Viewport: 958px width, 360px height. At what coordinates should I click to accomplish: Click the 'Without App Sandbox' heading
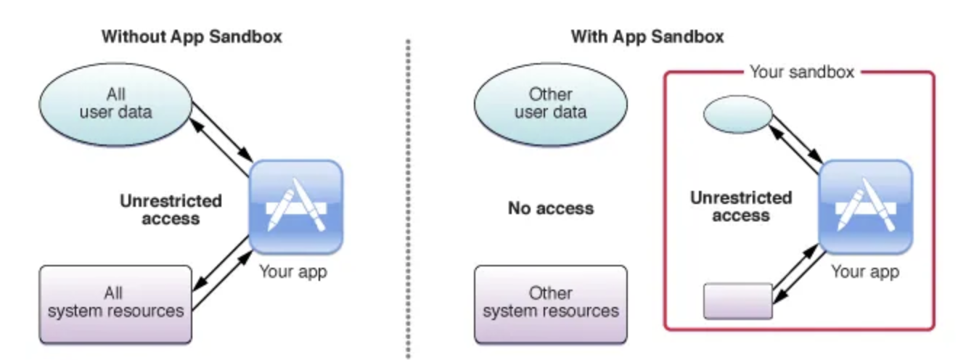point(191,37)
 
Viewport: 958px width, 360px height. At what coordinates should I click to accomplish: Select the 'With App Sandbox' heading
point(647,37)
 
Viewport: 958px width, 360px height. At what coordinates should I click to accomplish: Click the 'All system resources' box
point(115,303)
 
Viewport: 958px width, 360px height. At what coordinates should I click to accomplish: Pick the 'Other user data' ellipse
point(551,105)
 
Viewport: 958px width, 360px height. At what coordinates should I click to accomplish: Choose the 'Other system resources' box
point(551,303)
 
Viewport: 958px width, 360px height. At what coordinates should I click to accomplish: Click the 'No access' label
point(551,209)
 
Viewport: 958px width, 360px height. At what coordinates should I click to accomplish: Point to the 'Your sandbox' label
point(801,73)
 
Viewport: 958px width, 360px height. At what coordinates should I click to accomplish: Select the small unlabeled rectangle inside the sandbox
point(738,300)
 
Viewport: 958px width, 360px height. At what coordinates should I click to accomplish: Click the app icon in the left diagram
point(295,206)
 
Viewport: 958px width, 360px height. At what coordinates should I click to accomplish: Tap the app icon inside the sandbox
point(865,206)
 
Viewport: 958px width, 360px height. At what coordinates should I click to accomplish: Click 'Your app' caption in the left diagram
point(293,272)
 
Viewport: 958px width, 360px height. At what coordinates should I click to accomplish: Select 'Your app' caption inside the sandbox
point(865,272)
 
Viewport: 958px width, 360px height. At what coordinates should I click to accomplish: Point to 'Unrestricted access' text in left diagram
point(171,209)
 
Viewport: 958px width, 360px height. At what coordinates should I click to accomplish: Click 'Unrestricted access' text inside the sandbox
point(740,206)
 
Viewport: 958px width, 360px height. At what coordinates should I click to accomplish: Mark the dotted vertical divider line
point(408,196)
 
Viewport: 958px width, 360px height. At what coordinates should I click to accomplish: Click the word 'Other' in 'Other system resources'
point(551,293)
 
